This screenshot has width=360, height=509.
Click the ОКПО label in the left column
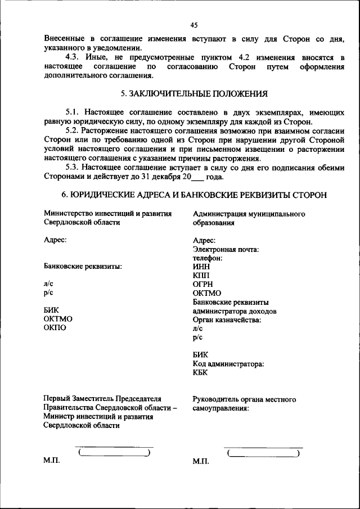(x=55, y=328)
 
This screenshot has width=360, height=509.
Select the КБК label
(x=200, y=373)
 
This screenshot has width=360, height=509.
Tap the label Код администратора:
(x=228, y=364)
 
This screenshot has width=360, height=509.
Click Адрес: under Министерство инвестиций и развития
(x=55, y=240)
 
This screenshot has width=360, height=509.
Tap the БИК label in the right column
(x=200, y=355)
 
